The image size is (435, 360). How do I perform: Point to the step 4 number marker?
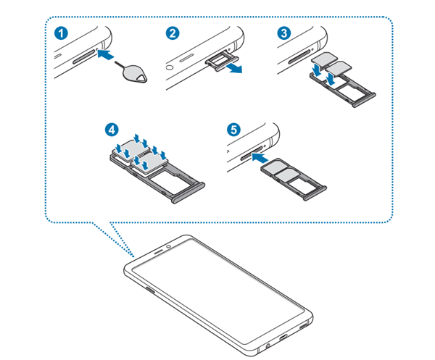tap(111, 130)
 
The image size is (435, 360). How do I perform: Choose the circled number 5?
tap(233, 129)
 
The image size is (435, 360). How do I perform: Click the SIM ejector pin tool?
tap(132, 73)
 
